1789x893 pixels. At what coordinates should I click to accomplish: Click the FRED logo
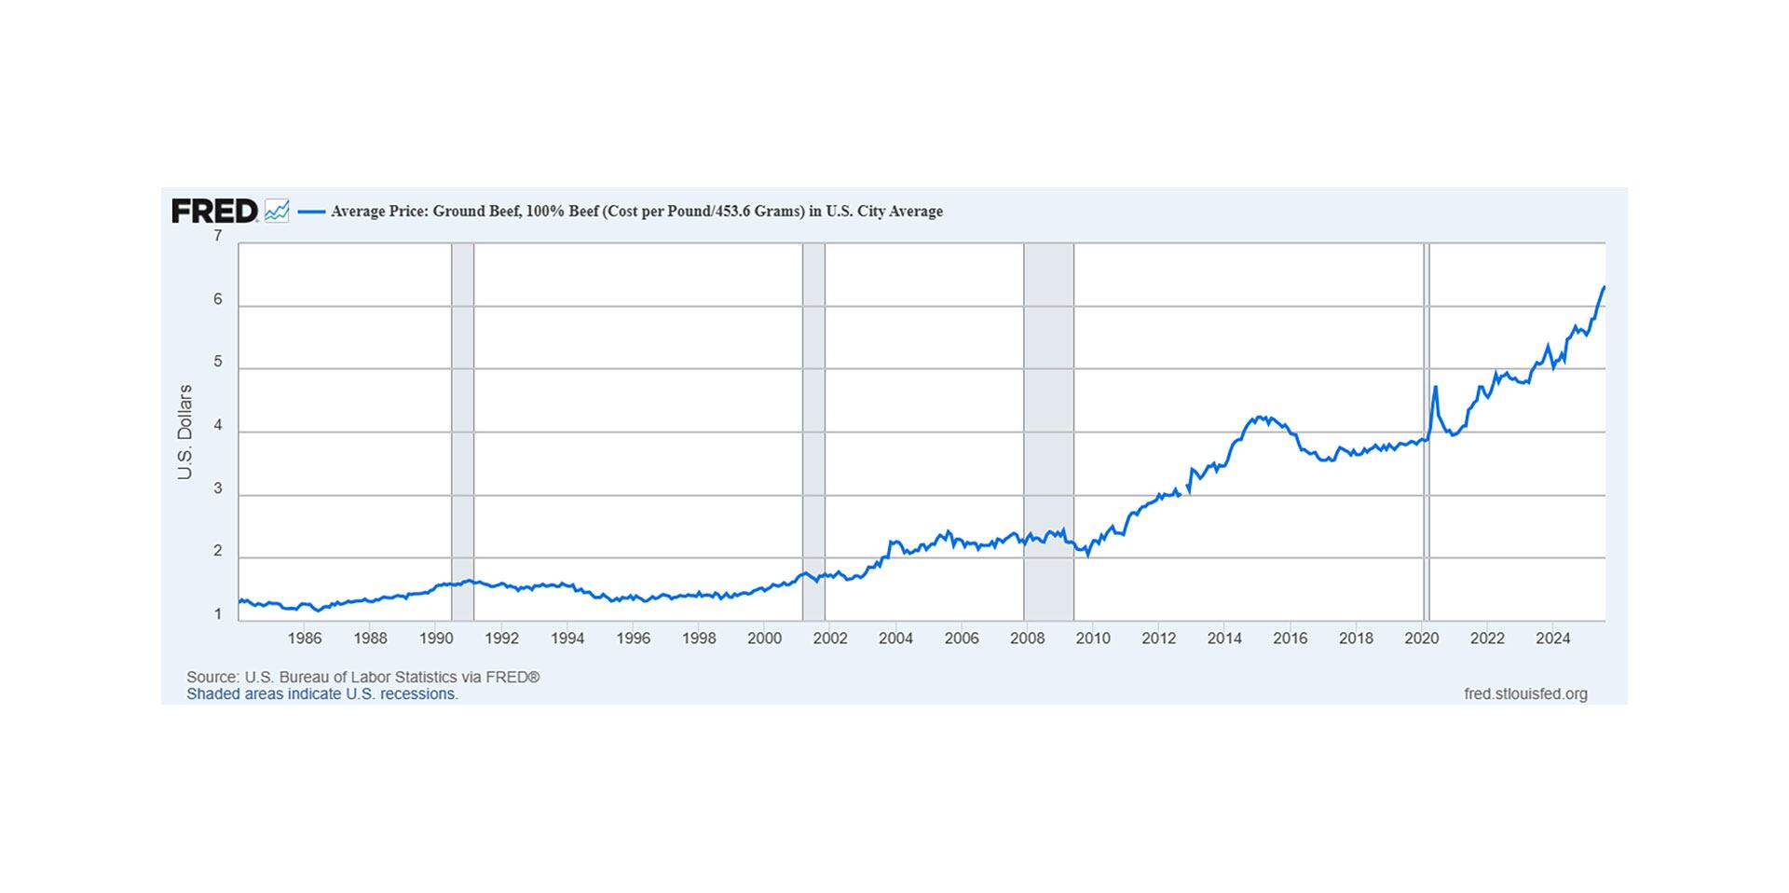pyautogui.click(x=214, y=212)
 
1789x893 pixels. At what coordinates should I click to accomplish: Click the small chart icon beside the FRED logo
pyautogui.click(x=277, y=212)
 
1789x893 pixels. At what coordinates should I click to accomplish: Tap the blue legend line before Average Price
pyautogui.click(x=311, y=212)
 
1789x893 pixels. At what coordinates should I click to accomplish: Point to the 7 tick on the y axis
pyautogui.click(x=218, y=236)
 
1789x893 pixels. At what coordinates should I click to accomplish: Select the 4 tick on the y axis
pyautogui.click(x=218, y=425)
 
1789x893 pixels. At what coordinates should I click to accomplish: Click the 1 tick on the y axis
pyautogui.click(x=218, y=614)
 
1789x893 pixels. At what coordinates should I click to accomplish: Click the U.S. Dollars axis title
pyautogui.click(x=184, y=432)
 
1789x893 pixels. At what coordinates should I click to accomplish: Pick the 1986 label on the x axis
pyautogui.click(x=305, y=639)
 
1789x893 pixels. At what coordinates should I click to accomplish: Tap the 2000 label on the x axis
pyautogui.click(x=764, y=639)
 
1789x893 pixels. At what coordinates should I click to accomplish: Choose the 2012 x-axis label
pyautogui.click(x=1158, y=639)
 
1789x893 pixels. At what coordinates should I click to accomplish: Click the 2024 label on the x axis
pyautogui.click(x=1552, y=639)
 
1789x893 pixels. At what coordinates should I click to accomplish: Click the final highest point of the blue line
pyautogui.click(x=1604, y=287)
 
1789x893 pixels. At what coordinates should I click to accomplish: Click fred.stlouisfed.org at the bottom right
pyautogui.click(x=1525, y=694)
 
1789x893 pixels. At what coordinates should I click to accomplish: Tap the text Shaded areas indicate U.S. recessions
pyautogui.click(x=322, y=694)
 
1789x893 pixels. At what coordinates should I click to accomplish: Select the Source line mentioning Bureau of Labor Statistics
pyautogui.click(x=362, y=677)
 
